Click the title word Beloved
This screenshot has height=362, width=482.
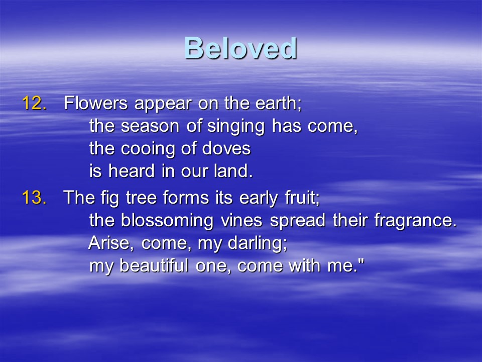pos(240,48)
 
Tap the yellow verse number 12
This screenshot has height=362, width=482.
pos(35,103)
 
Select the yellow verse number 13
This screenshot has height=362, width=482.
pos(35,197)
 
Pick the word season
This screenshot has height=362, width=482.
pos(150,126)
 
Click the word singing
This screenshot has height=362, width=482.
pos(236,126)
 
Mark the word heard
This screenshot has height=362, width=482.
pos(131,170)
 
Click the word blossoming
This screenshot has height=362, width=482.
pos(167,221)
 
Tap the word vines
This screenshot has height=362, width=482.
pos(242,220)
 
